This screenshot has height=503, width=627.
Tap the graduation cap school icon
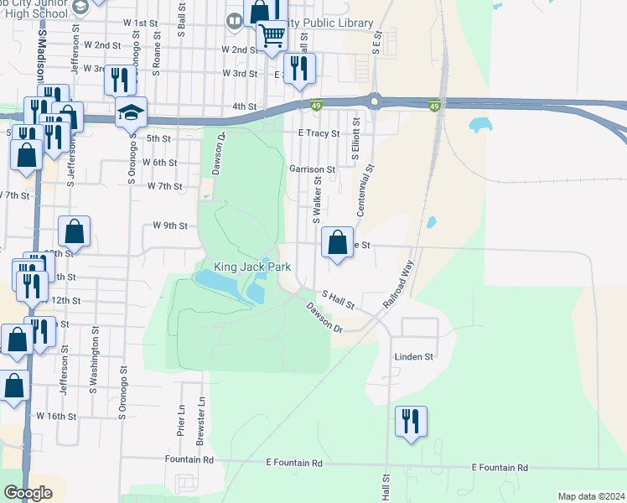[x=131, y=113]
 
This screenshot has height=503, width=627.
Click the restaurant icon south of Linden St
[x=411, y=422]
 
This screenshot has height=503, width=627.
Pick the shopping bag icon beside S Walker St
[x=337, y=244]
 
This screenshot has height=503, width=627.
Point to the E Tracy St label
[x=319, y=133]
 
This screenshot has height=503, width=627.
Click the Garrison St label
[x=312, y=169]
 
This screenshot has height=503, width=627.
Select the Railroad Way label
[x=399, y=287]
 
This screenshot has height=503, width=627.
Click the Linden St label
[x=414, y=356]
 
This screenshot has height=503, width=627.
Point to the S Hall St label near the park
[x=339, y=299]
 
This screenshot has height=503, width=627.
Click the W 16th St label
[x=55, y=416]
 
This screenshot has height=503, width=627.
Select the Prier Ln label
[x=181, y=421]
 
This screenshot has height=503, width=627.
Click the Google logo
[x=28, y=493]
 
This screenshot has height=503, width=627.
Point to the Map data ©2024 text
[x=590, y=496]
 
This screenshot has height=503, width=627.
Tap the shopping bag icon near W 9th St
[x=75, y=232]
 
